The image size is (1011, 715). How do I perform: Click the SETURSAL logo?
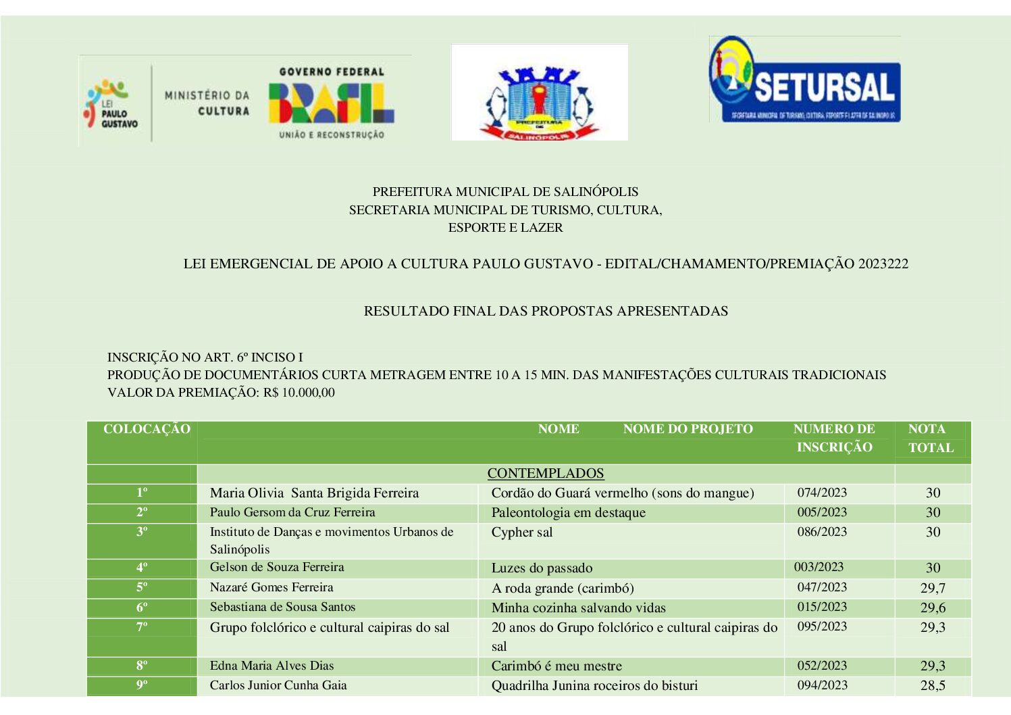(x=804, y=80)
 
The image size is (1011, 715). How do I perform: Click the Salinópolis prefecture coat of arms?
(x=539, y=93)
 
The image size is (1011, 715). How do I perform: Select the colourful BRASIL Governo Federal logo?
(x=331, y=102)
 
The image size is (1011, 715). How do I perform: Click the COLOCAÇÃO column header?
(x=147, y=429)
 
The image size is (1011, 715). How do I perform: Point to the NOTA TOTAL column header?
(x=930, y=438)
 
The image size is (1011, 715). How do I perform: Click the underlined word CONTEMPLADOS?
(x=546, y=473)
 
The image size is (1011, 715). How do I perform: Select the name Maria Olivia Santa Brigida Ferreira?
(x=314, y=493)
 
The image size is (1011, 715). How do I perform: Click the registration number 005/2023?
(x=822, y=512)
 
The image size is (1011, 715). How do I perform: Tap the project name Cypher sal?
(x=522, y=532)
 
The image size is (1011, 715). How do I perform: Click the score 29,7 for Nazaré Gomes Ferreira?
(x=933, y=588)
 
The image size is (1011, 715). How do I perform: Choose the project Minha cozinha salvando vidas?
(x=578, y=608)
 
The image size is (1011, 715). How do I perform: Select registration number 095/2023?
(x=822, y=626)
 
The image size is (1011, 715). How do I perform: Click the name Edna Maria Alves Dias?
(x=271, y=666)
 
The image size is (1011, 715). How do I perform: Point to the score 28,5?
(x=933, y=685)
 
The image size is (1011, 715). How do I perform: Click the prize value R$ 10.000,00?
(x=299, y=393)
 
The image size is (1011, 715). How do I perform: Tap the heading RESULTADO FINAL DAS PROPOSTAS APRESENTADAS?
(x=546, y=311)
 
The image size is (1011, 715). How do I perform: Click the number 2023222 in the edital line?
(x=883, y=264)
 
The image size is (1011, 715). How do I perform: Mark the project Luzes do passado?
(x=542, y=568)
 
